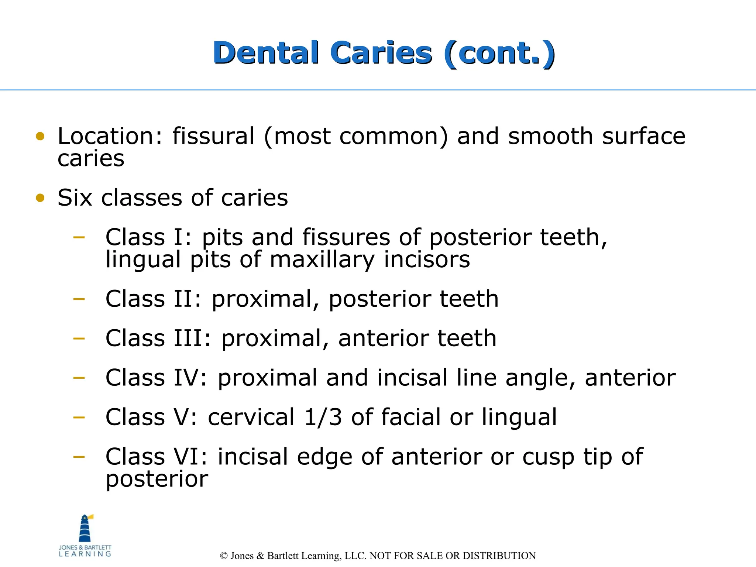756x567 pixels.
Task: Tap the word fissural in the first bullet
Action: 213,136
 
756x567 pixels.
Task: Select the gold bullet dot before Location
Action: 40,137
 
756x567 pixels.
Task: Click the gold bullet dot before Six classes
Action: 40,198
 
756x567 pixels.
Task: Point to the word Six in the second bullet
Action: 75,198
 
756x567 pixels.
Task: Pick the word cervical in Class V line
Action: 251,417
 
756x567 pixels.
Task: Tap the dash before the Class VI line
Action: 79,457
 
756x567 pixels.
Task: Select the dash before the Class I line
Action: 79,237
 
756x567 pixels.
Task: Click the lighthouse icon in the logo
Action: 85,529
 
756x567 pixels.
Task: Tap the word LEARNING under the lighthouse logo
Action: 85,554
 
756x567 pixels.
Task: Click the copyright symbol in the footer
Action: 223,556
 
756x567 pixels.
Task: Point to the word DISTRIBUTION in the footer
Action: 499,556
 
